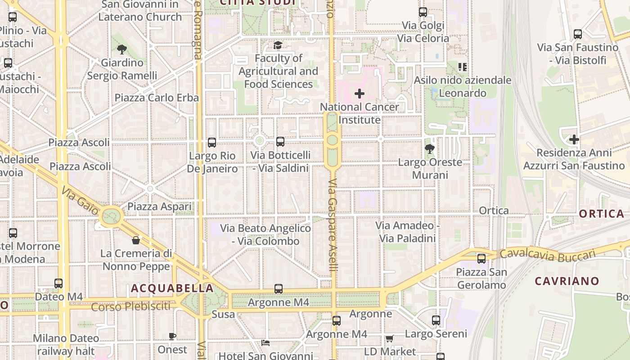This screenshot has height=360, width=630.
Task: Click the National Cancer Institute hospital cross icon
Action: (359, 94)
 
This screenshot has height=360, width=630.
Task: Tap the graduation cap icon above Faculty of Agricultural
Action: (278, 45)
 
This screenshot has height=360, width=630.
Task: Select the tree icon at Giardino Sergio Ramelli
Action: (121, 49)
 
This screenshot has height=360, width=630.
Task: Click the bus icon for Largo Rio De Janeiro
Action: (212, 143)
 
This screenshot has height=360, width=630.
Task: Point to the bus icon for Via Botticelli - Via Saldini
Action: (280, 142)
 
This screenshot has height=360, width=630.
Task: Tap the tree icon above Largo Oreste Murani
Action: (430, 148)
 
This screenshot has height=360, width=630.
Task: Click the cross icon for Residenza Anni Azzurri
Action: (574, 139)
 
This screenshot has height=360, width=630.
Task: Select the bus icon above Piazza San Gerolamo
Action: (481, 258)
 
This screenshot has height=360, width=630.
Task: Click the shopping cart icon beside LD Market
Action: (389, 338)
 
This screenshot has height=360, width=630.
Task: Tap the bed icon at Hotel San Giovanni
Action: (265, 343)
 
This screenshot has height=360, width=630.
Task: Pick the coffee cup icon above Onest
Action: (172, 336)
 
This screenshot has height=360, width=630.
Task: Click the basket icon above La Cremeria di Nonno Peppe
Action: (136, 240)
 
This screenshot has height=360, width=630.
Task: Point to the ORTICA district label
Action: (602, 214)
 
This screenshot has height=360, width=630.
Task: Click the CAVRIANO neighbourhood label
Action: (567, 281)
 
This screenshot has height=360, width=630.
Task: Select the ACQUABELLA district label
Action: (172, 288)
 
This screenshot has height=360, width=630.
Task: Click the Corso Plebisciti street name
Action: (131, 307)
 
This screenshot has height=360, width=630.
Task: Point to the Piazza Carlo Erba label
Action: (157, 98)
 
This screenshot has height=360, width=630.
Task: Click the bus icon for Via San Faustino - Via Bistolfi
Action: (578, 34)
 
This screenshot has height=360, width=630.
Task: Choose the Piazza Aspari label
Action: (160, 207)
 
